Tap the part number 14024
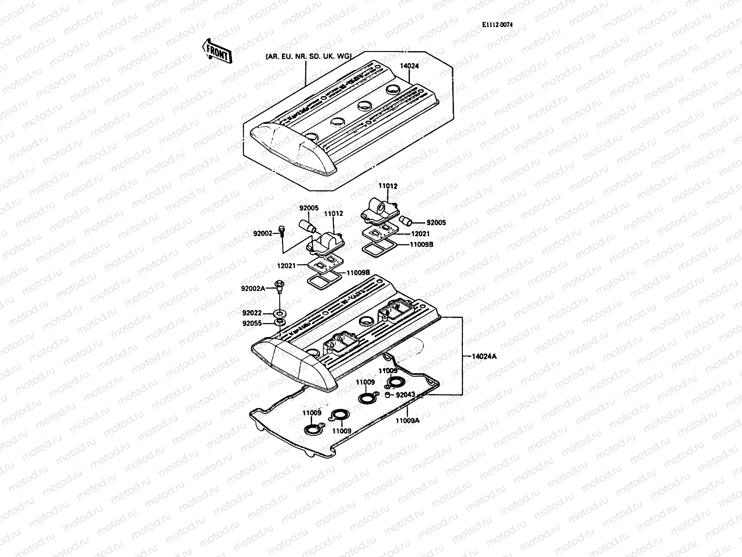tap(409, 66)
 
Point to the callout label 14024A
tap(484, 356)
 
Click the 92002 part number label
tap(262, 233)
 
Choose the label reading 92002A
tap(253, 288)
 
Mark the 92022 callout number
tap(253, 312)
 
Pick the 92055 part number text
tap(253, 324)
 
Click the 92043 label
tap(405, 395)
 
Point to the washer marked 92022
tap(280, 312)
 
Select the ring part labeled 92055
tap(280, 322)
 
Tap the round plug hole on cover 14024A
tap(367, 320)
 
